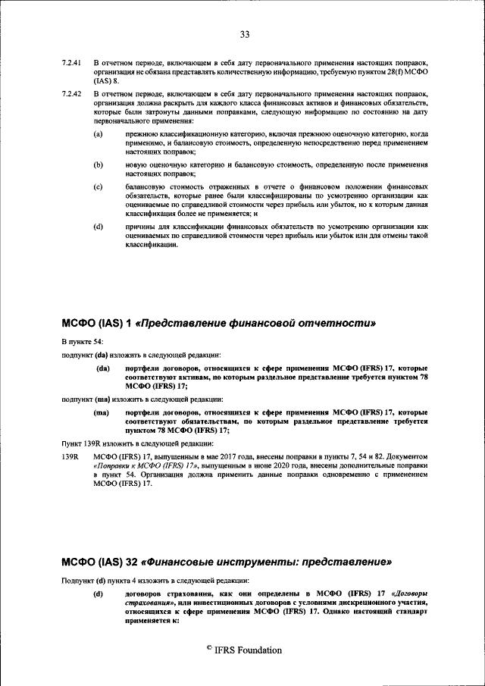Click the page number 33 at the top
pos(245,33)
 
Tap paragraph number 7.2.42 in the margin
pos(71,94)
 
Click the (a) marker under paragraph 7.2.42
pos(98,134)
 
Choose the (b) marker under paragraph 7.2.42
pos(98,164)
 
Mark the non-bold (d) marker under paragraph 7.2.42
pos(98,227)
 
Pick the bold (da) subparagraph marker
pos(103,368)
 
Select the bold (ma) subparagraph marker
pos(103,412)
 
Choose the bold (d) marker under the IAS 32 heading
pos(98,594)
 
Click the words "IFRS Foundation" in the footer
pos(249,650)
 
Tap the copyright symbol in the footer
pos(210,649)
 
